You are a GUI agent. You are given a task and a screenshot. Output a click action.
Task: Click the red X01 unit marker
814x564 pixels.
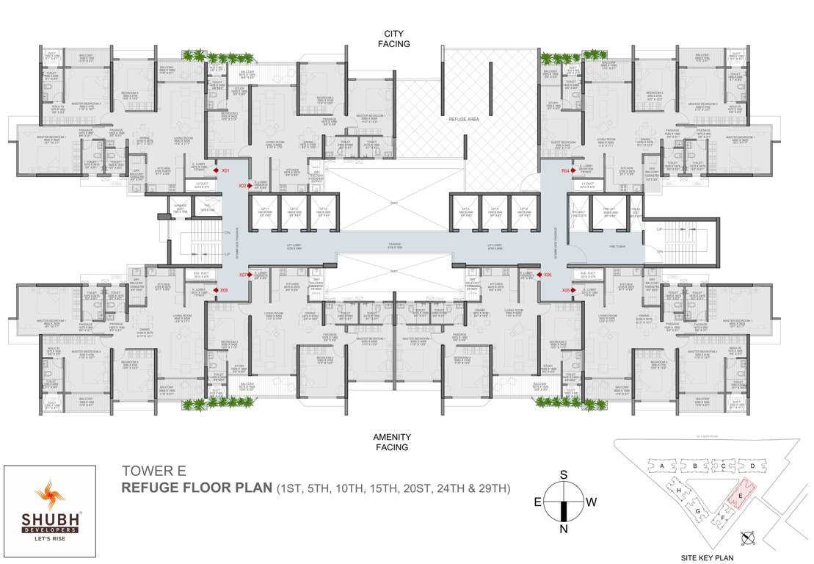pos(219,170)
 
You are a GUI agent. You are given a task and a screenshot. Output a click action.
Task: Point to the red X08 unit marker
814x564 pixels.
pos(219,290)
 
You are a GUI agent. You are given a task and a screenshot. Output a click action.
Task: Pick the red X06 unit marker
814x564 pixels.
pos(539,275)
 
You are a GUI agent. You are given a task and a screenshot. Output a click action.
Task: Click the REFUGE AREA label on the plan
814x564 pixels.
pos(463,117)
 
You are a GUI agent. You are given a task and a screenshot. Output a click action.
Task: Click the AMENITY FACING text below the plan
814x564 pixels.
pos(393,441)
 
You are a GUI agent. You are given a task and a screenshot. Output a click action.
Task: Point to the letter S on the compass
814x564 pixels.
pos(564,475)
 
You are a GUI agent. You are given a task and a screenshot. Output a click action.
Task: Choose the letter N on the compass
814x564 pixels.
pos(564,529)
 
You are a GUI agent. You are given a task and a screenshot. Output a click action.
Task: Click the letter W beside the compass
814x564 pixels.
pos(592,502)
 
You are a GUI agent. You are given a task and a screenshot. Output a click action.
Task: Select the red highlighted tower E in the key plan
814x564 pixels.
pos(741,495)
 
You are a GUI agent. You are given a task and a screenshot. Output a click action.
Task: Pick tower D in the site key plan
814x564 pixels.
pos(752,466)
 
